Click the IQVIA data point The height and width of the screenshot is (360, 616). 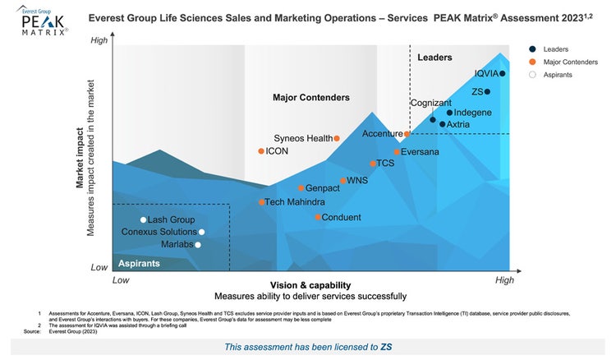tap(503, 74)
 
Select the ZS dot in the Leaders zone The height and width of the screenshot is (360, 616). tap(487, 92)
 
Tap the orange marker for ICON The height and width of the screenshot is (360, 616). tap(261, 151)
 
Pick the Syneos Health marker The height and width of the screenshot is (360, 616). tap(337, 138)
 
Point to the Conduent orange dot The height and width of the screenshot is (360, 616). tap(318, 217)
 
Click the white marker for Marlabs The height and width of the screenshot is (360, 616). tap(197, 244)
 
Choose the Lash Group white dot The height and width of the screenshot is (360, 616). tap(143, 219)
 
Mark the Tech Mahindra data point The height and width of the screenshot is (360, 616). tap(262, 202)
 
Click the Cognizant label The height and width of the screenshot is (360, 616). tap(430, 103)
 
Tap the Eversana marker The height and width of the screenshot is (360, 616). tap(397, 152)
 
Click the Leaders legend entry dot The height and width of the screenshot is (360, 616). tap(532, 49)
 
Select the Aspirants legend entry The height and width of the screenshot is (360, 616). tap(554, 75)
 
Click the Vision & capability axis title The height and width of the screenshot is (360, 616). tap(310, 284)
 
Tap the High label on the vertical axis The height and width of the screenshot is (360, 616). tap(99, 40)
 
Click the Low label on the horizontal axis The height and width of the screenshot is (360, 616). tap(121, 280)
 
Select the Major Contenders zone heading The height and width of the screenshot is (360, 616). tap(310, 98)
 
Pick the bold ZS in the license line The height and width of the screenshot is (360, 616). tap(386, 347)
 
